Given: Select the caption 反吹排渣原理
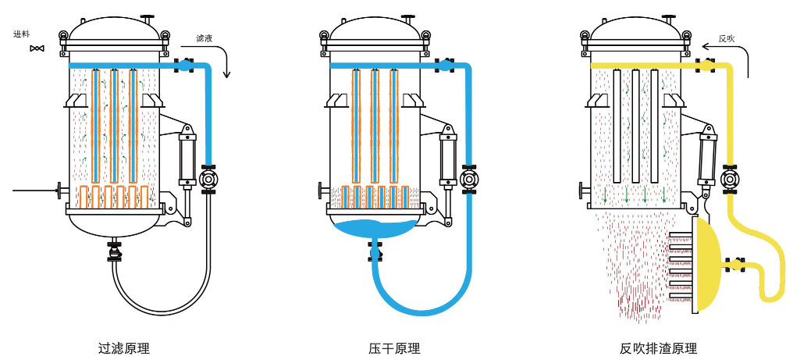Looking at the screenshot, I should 657,348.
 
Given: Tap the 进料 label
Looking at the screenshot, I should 22,34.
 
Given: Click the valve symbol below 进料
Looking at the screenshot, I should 36,49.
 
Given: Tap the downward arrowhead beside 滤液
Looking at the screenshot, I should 227,75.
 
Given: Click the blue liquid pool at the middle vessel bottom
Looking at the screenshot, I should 375,229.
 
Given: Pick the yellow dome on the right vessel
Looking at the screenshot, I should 707,266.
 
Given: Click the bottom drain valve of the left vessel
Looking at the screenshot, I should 115,252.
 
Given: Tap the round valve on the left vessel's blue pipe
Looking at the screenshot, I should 208,179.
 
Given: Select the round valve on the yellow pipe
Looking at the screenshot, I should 731,179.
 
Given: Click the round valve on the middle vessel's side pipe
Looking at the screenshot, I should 469,179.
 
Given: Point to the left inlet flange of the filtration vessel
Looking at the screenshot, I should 60,189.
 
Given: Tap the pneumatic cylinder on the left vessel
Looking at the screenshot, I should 187,160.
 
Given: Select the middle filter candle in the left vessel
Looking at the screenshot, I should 115,125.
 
